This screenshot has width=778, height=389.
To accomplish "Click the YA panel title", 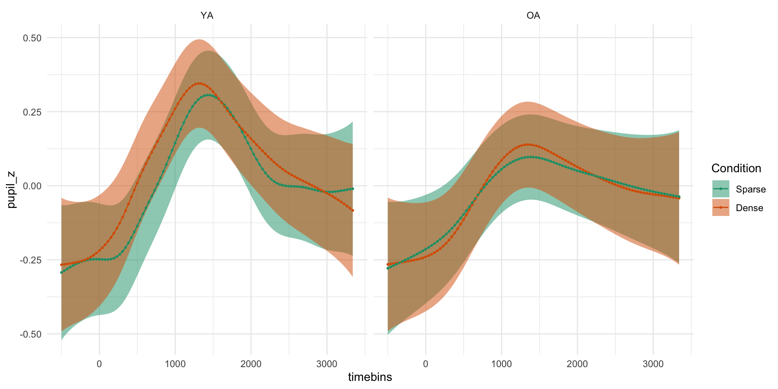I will (207, 16).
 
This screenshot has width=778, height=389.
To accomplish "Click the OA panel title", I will (533, 16).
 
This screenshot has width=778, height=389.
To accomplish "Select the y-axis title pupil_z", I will (12, 189).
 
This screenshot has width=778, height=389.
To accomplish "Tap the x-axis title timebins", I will (370, 377).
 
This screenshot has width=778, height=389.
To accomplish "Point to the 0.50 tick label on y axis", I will (32, 38).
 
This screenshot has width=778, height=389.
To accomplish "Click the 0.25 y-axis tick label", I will (32, 112).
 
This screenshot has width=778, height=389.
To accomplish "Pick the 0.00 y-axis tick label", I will (32, 186).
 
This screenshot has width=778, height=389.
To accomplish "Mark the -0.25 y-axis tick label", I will (30, 260).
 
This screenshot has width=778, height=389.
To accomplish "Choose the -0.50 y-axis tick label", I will (30, 334).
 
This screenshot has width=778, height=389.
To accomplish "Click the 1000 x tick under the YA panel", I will (175, 364).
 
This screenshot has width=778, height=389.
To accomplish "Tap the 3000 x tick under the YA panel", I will (327, 364).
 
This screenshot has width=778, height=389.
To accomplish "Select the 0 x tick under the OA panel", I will (425, 364).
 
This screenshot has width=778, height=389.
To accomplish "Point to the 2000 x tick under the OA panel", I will (577, 364).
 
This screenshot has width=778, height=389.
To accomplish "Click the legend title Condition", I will (736, 169).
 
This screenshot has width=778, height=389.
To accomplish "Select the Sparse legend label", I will (751, 189).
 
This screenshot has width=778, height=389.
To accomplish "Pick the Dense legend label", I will (749, 208).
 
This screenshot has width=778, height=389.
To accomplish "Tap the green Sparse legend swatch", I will (720, 189).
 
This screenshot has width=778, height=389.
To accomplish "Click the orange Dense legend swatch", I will (720, 207).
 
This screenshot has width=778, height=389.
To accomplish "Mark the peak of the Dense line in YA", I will (199, 83).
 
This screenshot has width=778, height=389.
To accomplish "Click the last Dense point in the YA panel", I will (353, 210).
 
